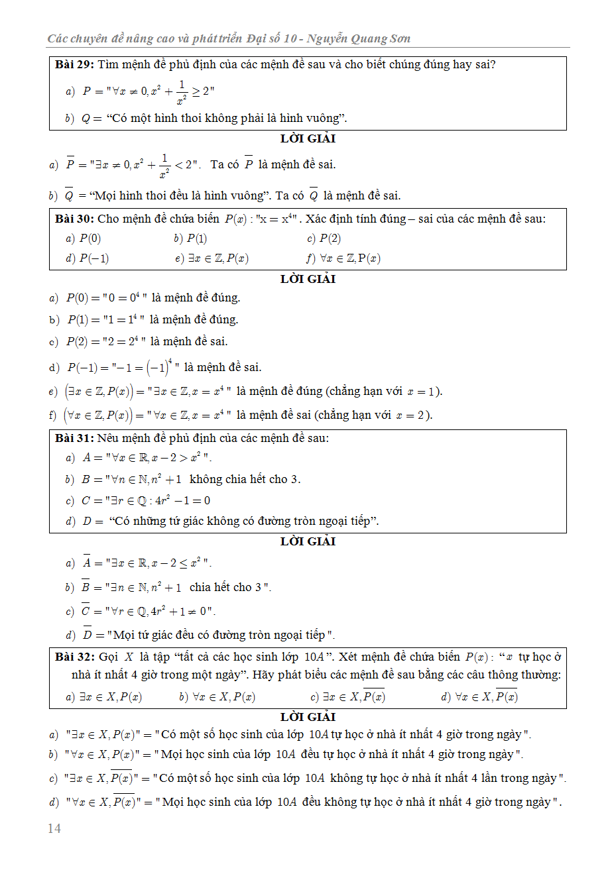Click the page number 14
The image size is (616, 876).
tap(54, 828)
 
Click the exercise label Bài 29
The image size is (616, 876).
tap(74, 64)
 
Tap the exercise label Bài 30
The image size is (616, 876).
tap(74, 219)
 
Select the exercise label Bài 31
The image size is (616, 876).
tap(74, 438)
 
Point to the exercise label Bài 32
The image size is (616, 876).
tap(74, 657)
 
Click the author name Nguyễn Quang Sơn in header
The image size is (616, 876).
tap(359, 38)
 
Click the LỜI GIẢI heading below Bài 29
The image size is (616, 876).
tap(308, 138)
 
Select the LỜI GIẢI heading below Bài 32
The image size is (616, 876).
tap(308, 717)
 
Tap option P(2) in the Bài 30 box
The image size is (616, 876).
tap(330, 239)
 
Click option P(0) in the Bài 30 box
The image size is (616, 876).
tap(90, 239)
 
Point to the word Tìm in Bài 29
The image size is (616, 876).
tap(108, 64)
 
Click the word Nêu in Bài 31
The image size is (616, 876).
tap(107, 438)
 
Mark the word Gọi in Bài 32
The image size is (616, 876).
tap(108, 657)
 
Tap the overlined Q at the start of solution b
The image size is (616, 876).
tap(69, 195)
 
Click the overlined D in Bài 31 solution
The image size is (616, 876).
tap(88, 635)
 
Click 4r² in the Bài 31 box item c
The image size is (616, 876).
tap(162, 500)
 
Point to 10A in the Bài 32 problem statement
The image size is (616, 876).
tap(314, 657)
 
